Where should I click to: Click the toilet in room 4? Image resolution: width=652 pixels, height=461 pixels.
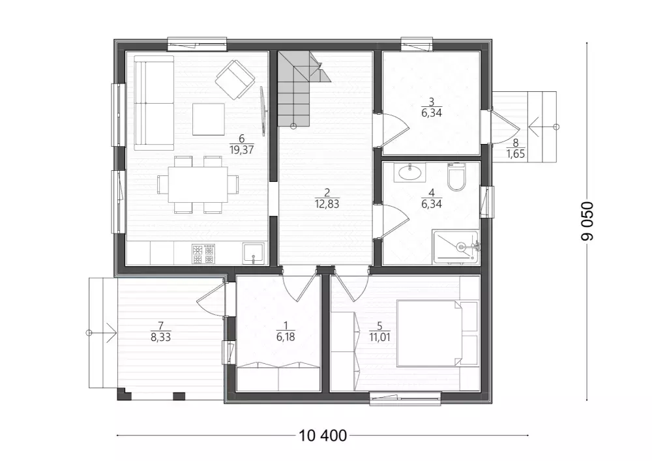point(456,177)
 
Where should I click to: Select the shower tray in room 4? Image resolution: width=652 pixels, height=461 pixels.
point(456,247)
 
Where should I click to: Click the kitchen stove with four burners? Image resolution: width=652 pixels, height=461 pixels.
point(203,254)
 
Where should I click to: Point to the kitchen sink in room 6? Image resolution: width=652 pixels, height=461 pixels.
point(253,254)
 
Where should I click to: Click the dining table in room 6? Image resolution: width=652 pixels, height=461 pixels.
point(198,185)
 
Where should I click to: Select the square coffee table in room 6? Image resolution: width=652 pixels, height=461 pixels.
point(209,119)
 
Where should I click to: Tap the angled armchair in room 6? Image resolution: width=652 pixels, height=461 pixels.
point(235,80)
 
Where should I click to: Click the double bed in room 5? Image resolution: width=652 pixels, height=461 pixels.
point(437,333)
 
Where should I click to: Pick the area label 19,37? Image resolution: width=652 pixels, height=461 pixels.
point(242,150)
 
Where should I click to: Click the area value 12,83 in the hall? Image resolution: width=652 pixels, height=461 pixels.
point(327,204)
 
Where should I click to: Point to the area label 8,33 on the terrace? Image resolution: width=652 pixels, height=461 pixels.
point(161,337)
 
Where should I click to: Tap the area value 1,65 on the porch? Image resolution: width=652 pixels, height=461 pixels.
point(516,155)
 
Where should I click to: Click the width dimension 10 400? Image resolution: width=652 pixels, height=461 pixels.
point(323,435)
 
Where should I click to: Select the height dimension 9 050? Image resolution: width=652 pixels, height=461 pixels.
point(587,221)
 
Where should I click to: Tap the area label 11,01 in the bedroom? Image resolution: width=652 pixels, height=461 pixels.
point(379,337)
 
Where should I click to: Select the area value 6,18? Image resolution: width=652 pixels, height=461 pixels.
point(286,337)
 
